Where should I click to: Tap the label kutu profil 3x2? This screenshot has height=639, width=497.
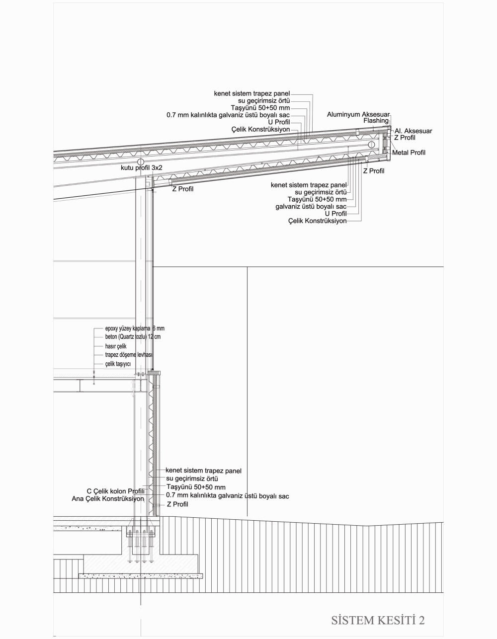click(x=142, y=168)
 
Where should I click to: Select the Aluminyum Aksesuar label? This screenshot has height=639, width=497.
click(x=358, y=114)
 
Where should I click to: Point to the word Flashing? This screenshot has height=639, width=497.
click(x=376, y=121)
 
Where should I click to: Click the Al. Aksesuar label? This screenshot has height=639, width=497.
click(x=413, y=131)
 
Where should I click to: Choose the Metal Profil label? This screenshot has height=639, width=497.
click(x=409, y=153)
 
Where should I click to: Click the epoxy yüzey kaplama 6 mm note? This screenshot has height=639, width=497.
click(x=134, y=328)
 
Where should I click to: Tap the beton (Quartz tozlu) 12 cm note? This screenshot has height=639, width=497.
click(x=133, y=337)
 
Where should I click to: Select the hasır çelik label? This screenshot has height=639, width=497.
click(x=116, y=346)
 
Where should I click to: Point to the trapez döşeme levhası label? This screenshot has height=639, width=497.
click(x=128, y=355)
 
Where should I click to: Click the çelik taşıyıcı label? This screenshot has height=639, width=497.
click(x=117, y=364)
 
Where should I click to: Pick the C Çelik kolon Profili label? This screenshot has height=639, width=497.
click(x=115, y=491)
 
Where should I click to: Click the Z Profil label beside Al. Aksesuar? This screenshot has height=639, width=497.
click(x=405, y=138)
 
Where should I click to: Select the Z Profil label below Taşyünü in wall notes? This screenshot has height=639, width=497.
click(x=177, y=504)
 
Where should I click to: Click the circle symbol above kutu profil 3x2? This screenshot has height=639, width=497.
click(x=141, y=162)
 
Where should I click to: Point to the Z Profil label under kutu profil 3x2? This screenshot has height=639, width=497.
click(x=182, y=189)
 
